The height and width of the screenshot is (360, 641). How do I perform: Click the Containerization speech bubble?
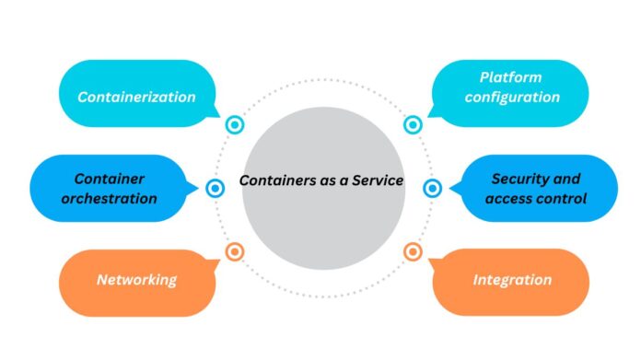coord(135,96)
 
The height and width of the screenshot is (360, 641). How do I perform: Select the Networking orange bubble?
coord(135,280)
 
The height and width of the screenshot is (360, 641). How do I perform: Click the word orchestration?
coord(115,198)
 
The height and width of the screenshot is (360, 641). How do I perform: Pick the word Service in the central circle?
coord(377,180)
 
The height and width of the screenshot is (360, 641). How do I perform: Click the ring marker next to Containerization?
coord(234,124)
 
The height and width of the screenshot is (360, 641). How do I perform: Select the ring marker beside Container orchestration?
coord(215,188)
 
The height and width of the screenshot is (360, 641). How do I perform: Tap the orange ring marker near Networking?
coord(234,250)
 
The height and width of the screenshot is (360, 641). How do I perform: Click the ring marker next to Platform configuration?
coord(413,124)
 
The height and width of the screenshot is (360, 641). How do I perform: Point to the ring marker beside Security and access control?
coord(432,188)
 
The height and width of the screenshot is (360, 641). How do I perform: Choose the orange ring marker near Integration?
coord(413,250)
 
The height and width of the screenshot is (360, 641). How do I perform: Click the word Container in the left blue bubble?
coord(111,179)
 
